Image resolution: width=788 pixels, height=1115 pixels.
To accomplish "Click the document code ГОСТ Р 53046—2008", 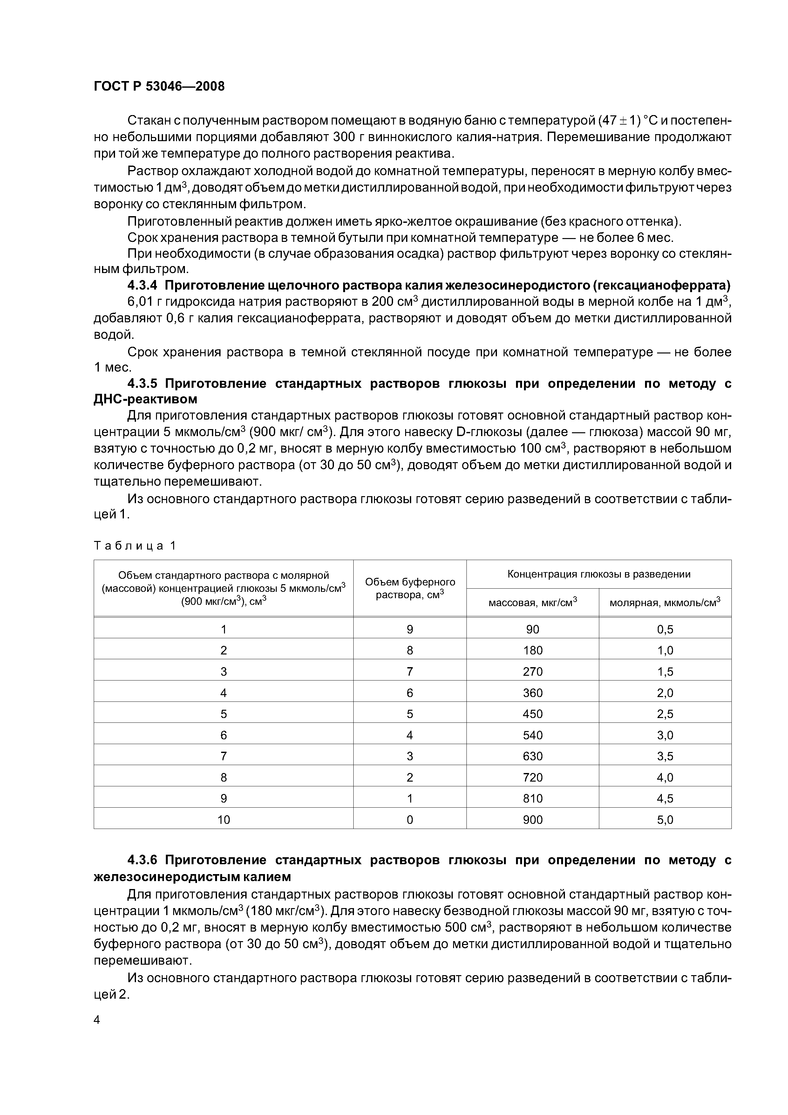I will click(x=159, y=86).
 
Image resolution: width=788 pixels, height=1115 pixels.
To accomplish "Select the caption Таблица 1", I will click(x=134, y=546).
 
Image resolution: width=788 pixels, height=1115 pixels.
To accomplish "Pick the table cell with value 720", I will click(x=532, y=777).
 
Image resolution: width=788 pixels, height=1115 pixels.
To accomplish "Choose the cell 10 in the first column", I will click(x=223, y=820).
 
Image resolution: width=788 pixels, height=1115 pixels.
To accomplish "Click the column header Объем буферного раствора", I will click(x=410, y=588).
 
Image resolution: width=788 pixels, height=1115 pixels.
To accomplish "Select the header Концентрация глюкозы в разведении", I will click(x=599, y=574).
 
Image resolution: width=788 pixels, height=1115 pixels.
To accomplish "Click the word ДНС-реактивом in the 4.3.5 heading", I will click(x=145, y=399).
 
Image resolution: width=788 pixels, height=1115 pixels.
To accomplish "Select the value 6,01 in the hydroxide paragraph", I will click(x=139, y=302).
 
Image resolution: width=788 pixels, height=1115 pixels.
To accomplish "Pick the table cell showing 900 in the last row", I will click(x=532, y=820).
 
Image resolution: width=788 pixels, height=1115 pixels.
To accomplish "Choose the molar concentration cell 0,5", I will click(x=665, y=629).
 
